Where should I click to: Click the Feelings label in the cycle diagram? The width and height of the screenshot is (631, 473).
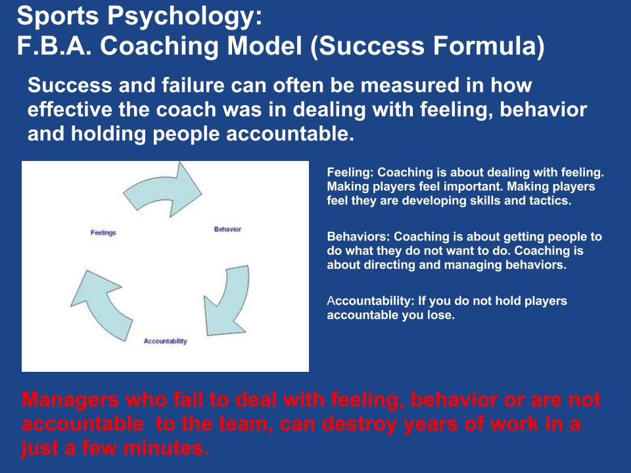coord(103,233)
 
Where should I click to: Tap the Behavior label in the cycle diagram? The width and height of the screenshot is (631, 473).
coord(227,229)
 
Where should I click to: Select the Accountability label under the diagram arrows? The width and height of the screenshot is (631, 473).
coord(166,341)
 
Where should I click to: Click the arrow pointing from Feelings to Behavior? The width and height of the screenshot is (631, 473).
coord(163,190)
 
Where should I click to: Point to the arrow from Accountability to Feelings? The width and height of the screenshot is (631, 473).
coord(101,304)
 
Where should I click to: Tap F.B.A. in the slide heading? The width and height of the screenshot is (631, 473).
coord(55,45)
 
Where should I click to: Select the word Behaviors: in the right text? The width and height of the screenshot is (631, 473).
coord(358,236)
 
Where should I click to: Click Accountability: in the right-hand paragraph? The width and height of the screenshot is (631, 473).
coord(371,301)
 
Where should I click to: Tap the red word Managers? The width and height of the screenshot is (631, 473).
coord(70,400)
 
